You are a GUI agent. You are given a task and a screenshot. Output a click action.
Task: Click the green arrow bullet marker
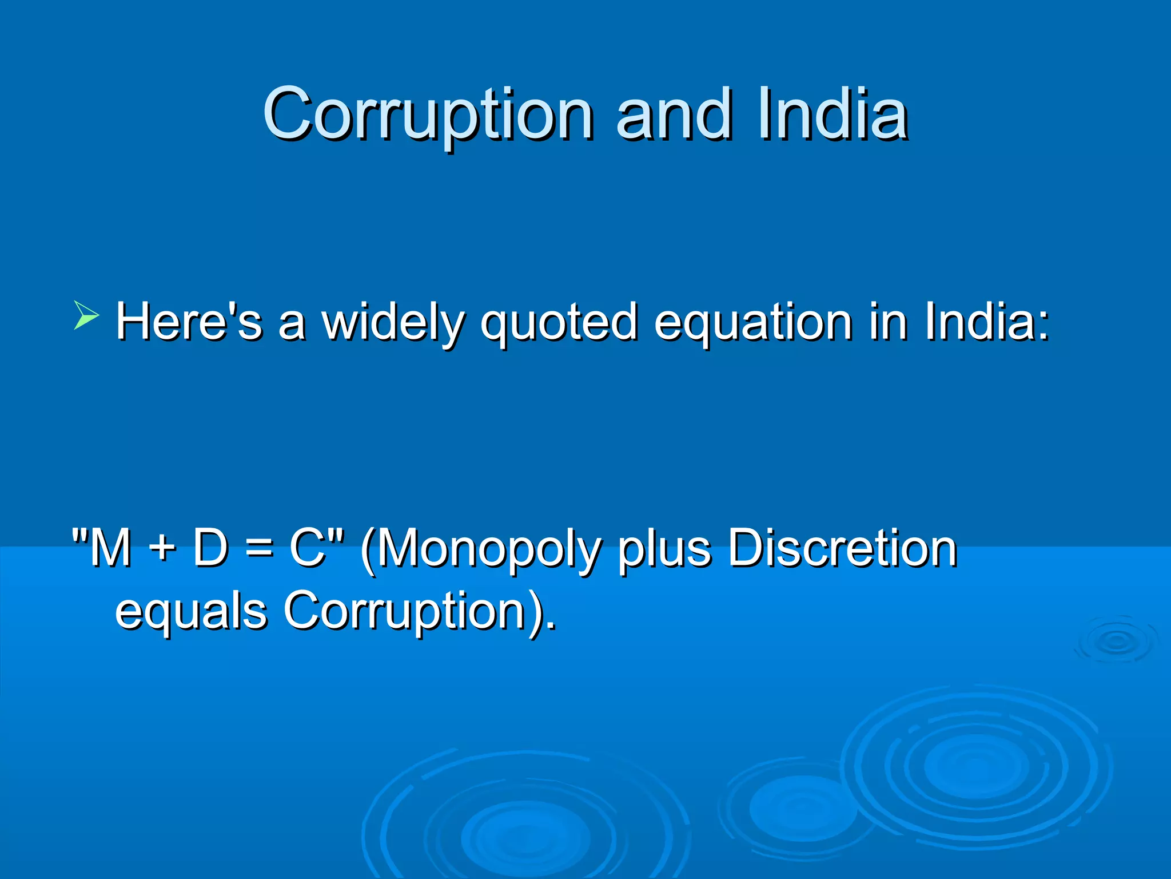86,316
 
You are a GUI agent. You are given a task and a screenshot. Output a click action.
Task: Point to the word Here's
189,322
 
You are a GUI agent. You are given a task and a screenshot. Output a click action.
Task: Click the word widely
393,322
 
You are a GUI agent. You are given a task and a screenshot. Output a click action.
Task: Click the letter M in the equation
110,548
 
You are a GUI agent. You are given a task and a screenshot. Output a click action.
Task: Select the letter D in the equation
211,548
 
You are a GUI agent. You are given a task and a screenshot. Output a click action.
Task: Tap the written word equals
191,611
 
